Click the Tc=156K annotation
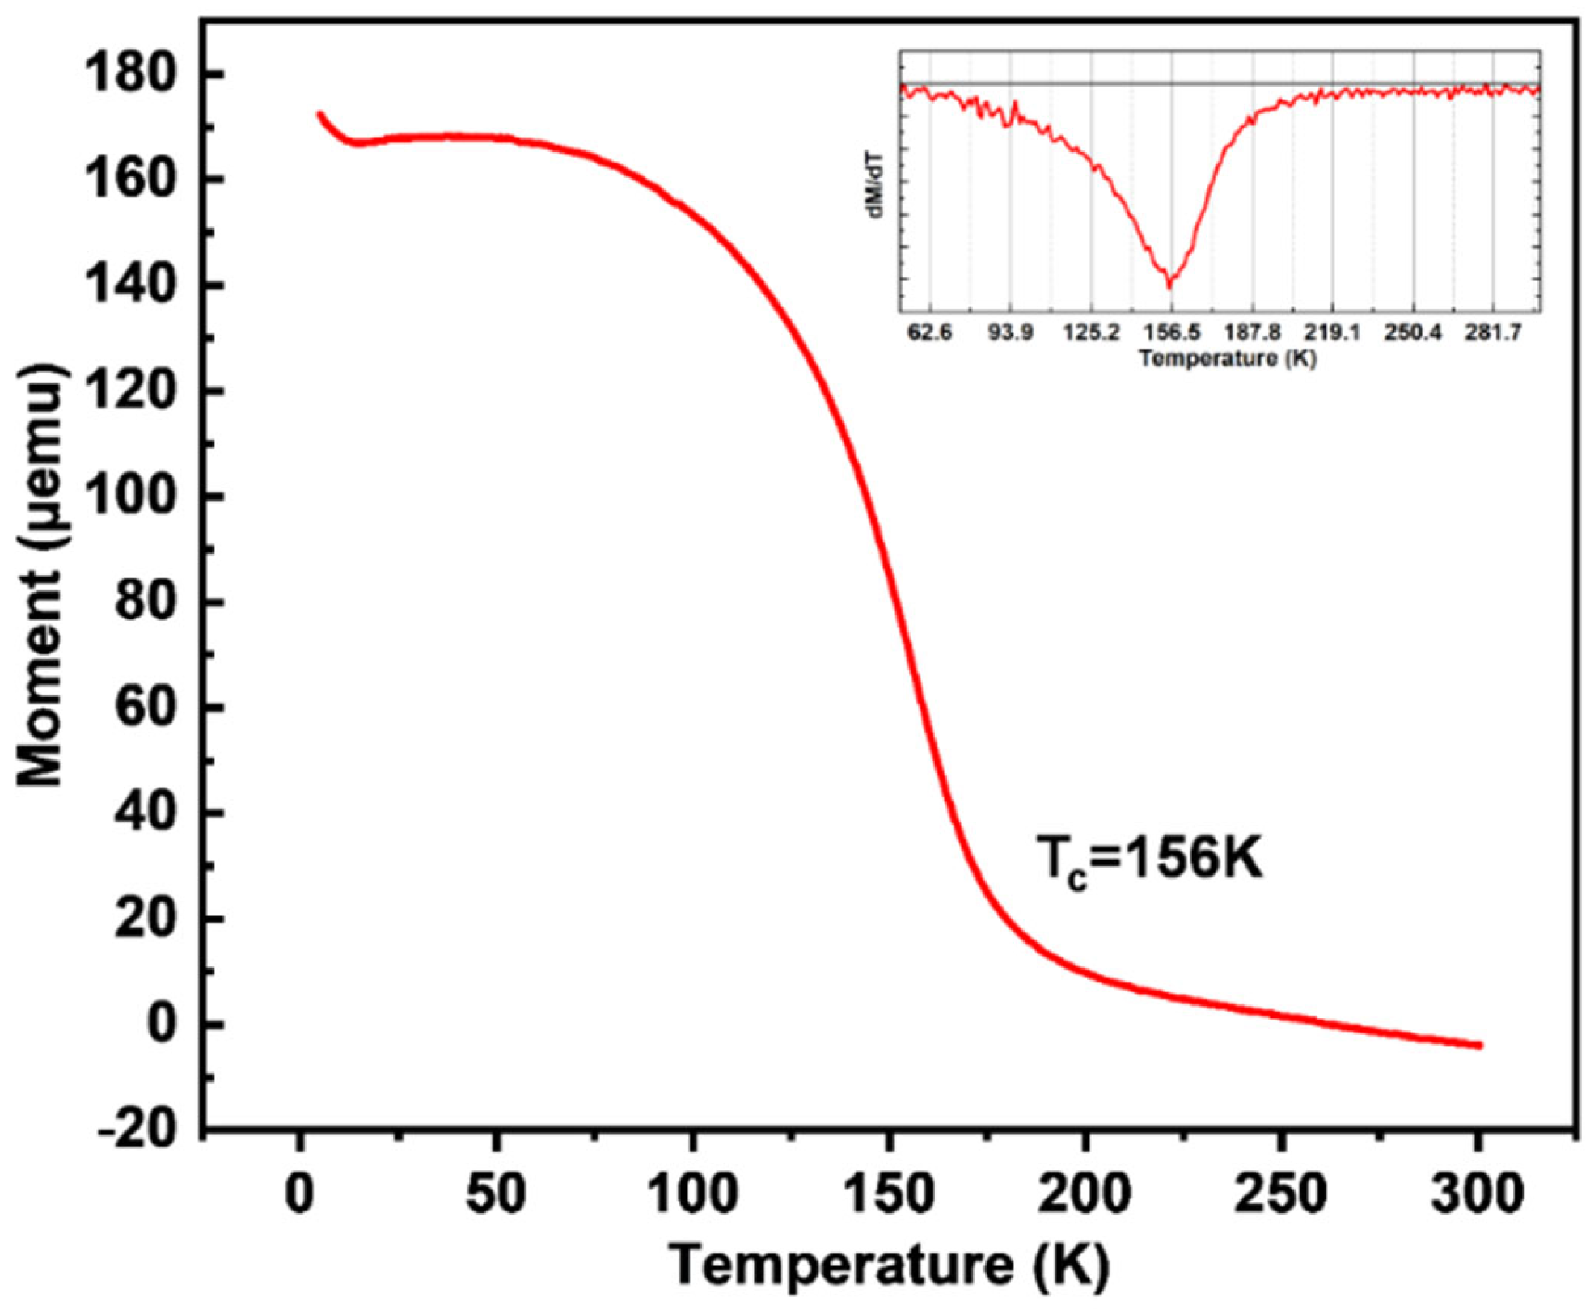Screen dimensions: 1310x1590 point(1149,860)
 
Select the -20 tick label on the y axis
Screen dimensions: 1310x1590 point(137,1129)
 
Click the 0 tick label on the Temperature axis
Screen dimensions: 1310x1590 point(300,1194)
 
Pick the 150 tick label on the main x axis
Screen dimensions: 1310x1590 point(889,1194)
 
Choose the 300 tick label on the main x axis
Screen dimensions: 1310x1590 point(1477,1194)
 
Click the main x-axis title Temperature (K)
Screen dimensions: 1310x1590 point(890,1265)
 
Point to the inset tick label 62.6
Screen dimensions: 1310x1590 point(930,333)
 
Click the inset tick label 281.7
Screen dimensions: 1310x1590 point(1493,333)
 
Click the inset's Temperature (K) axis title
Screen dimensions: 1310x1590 point(1228,358)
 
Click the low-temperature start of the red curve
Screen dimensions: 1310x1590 point(320,116)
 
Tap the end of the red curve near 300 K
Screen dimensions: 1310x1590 point(1479,1046)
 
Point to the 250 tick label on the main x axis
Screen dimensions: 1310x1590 point(1280,1194)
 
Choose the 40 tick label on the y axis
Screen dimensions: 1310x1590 point(146,813)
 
